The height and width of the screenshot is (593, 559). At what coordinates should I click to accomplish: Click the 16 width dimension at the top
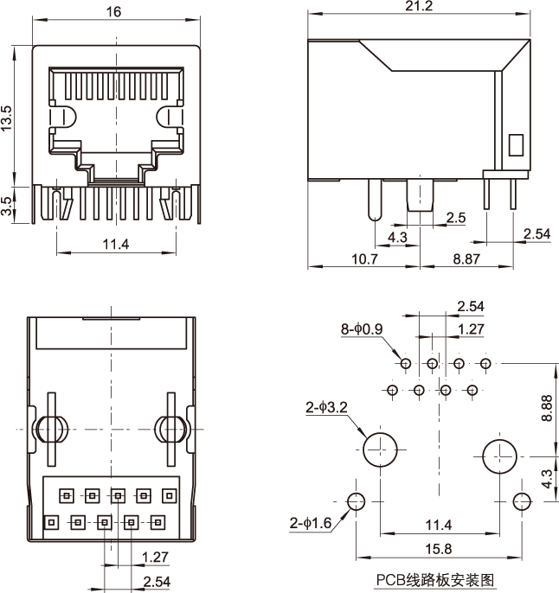coord(114,11)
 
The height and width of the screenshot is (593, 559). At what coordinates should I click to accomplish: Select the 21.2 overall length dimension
coord(418,6)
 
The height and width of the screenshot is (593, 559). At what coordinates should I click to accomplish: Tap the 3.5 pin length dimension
coord(7,206)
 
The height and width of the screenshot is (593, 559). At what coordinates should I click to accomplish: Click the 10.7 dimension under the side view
coord(364,258)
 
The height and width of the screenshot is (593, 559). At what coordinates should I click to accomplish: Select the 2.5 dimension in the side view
coord(456,218)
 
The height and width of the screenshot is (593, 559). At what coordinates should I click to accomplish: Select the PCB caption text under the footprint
coord(436,580)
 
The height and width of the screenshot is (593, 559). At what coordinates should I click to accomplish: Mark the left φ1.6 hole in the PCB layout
coord(356,501)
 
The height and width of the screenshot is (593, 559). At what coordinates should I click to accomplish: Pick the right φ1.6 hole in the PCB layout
coord(521,501)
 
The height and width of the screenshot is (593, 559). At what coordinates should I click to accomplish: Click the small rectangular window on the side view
coord(516,145)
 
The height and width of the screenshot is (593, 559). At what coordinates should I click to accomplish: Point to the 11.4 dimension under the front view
coord(115,245)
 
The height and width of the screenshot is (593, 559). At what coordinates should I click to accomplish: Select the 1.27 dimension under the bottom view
coord(155,556)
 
